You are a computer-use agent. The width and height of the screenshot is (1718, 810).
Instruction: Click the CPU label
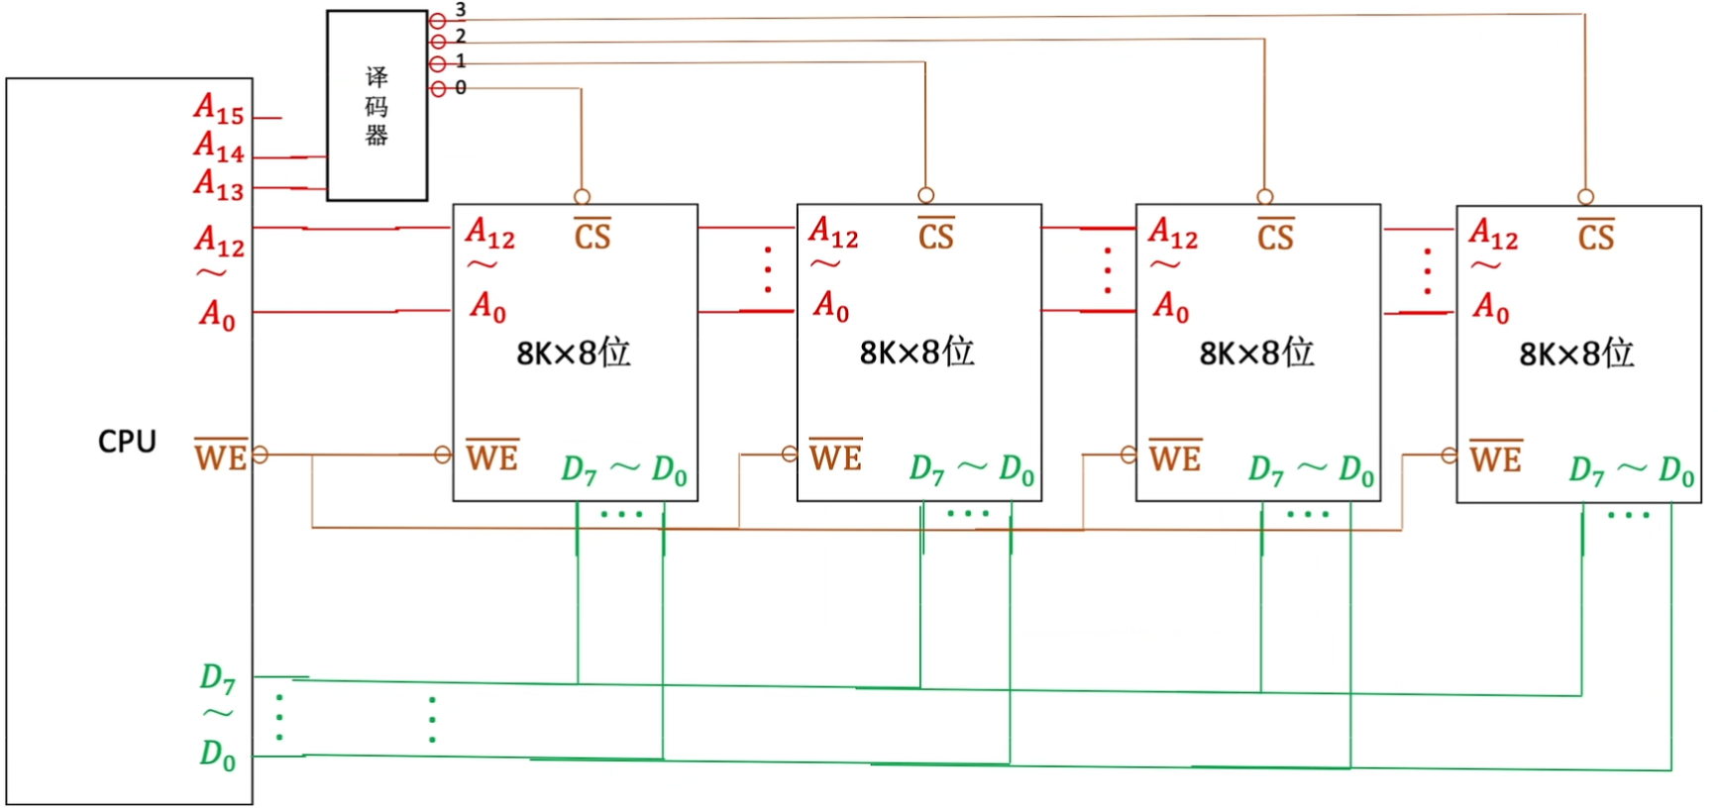tap(127, 441)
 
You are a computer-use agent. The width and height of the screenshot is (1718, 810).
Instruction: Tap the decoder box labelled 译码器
tap(376, 106)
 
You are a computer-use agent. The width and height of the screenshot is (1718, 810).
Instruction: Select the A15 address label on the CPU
tap(219, 108)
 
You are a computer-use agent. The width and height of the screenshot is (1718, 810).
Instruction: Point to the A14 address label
tap(219, 147)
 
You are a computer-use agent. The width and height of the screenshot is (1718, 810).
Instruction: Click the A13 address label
tap(219, 184)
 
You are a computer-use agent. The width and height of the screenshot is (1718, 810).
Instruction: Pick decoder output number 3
tap(460, 10)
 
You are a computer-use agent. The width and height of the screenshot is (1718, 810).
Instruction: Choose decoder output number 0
tap(460, 87)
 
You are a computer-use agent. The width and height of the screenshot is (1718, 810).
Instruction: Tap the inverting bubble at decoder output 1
tap(437, 64)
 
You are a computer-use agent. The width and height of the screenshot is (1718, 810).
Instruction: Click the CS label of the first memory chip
tap(592, 235)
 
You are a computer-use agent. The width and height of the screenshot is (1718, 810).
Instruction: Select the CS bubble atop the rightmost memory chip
tap(1585, 196)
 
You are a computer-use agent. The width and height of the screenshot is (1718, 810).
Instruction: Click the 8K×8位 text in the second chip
tap(916, 352)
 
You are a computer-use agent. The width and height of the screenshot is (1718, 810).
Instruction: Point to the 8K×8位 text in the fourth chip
tap(1576, 354)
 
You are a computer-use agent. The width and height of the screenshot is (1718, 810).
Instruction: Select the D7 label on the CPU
tap(218, 678)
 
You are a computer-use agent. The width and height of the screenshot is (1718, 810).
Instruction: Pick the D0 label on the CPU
tap(218, 755)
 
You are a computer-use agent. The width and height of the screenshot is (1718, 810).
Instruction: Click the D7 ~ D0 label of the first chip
tap(624, 469)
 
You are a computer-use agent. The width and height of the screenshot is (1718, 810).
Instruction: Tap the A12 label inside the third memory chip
tap(1173, 234)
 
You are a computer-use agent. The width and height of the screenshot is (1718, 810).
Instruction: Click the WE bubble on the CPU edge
tap(260, 455)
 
